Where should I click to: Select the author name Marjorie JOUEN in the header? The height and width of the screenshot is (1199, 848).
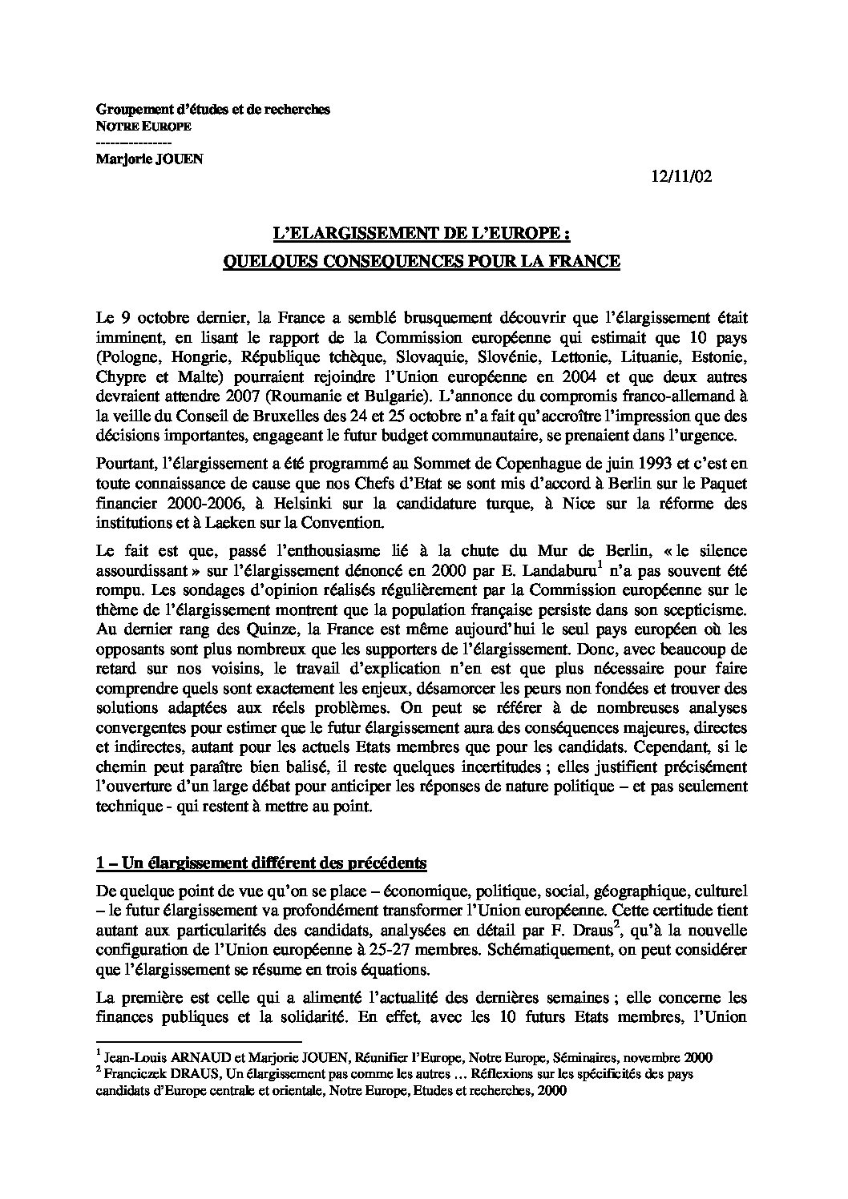tap(150, 158)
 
